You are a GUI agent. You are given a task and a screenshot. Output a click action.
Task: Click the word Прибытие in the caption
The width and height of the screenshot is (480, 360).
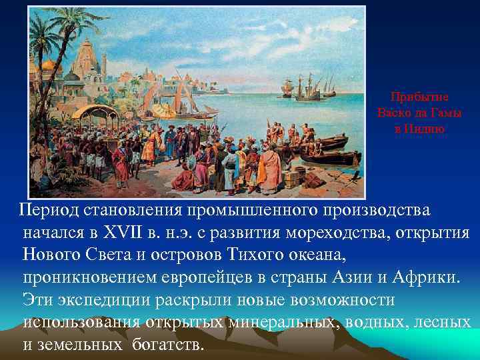419,96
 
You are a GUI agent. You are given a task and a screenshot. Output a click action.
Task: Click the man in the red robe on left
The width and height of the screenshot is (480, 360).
121,163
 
